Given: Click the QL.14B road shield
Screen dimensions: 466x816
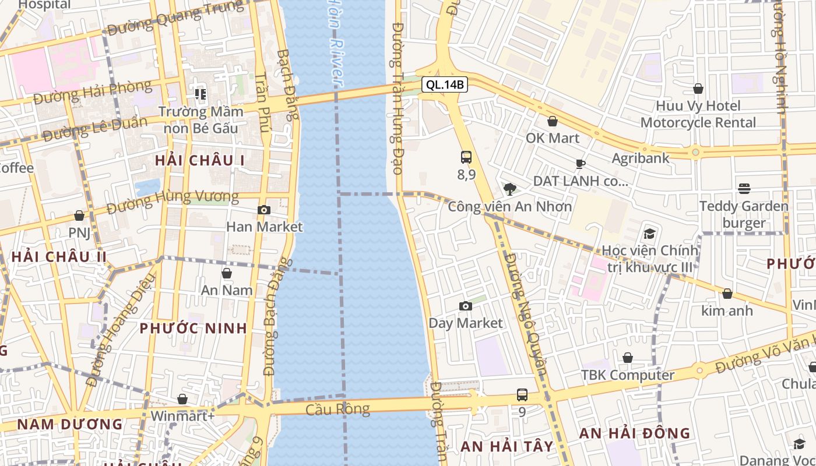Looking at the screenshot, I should click(x=445, y=84).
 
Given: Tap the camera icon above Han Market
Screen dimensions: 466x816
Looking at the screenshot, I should click(x=264, y=210).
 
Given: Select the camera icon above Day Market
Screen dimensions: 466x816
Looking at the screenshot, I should click(x=465, y=306).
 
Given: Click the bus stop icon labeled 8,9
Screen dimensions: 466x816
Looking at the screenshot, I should click(x=466, y=157).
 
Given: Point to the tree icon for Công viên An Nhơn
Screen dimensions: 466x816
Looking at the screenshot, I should click(x=509, y=189).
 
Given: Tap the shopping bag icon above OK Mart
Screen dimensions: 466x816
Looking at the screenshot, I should click(x=552, y=121).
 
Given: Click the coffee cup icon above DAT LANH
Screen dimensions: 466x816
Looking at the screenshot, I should click(x=580, y=164).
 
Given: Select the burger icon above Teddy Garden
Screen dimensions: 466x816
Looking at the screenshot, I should click(x=744, y=188).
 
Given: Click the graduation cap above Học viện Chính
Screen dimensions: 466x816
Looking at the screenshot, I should click(x=649, y=234).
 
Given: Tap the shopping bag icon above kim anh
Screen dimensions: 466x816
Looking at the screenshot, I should click(x=727, y=294).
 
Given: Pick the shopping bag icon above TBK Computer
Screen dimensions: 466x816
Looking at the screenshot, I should click(x=628, y=358).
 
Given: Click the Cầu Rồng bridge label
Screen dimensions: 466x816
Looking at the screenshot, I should click(x=338, y=409).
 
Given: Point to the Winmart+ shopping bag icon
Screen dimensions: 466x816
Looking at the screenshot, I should click(x=182, y=399).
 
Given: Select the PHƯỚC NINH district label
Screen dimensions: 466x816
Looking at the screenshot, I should click(x=194, y=328).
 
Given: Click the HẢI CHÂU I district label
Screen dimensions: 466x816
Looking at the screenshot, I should click(x=200, y=160).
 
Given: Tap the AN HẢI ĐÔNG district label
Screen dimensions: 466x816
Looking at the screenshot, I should click(x=634, y=433).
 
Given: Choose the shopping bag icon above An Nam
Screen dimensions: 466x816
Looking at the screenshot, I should click(x=227, y=273).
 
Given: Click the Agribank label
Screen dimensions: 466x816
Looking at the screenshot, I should click(x=641, y=158).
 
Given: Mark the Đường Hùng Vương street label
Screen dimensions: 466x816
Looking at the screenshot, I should click(x=173, y=198).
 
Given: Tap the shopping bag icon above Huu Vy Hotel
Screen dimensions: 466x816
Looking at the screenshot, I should click(x=698, y=89).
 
